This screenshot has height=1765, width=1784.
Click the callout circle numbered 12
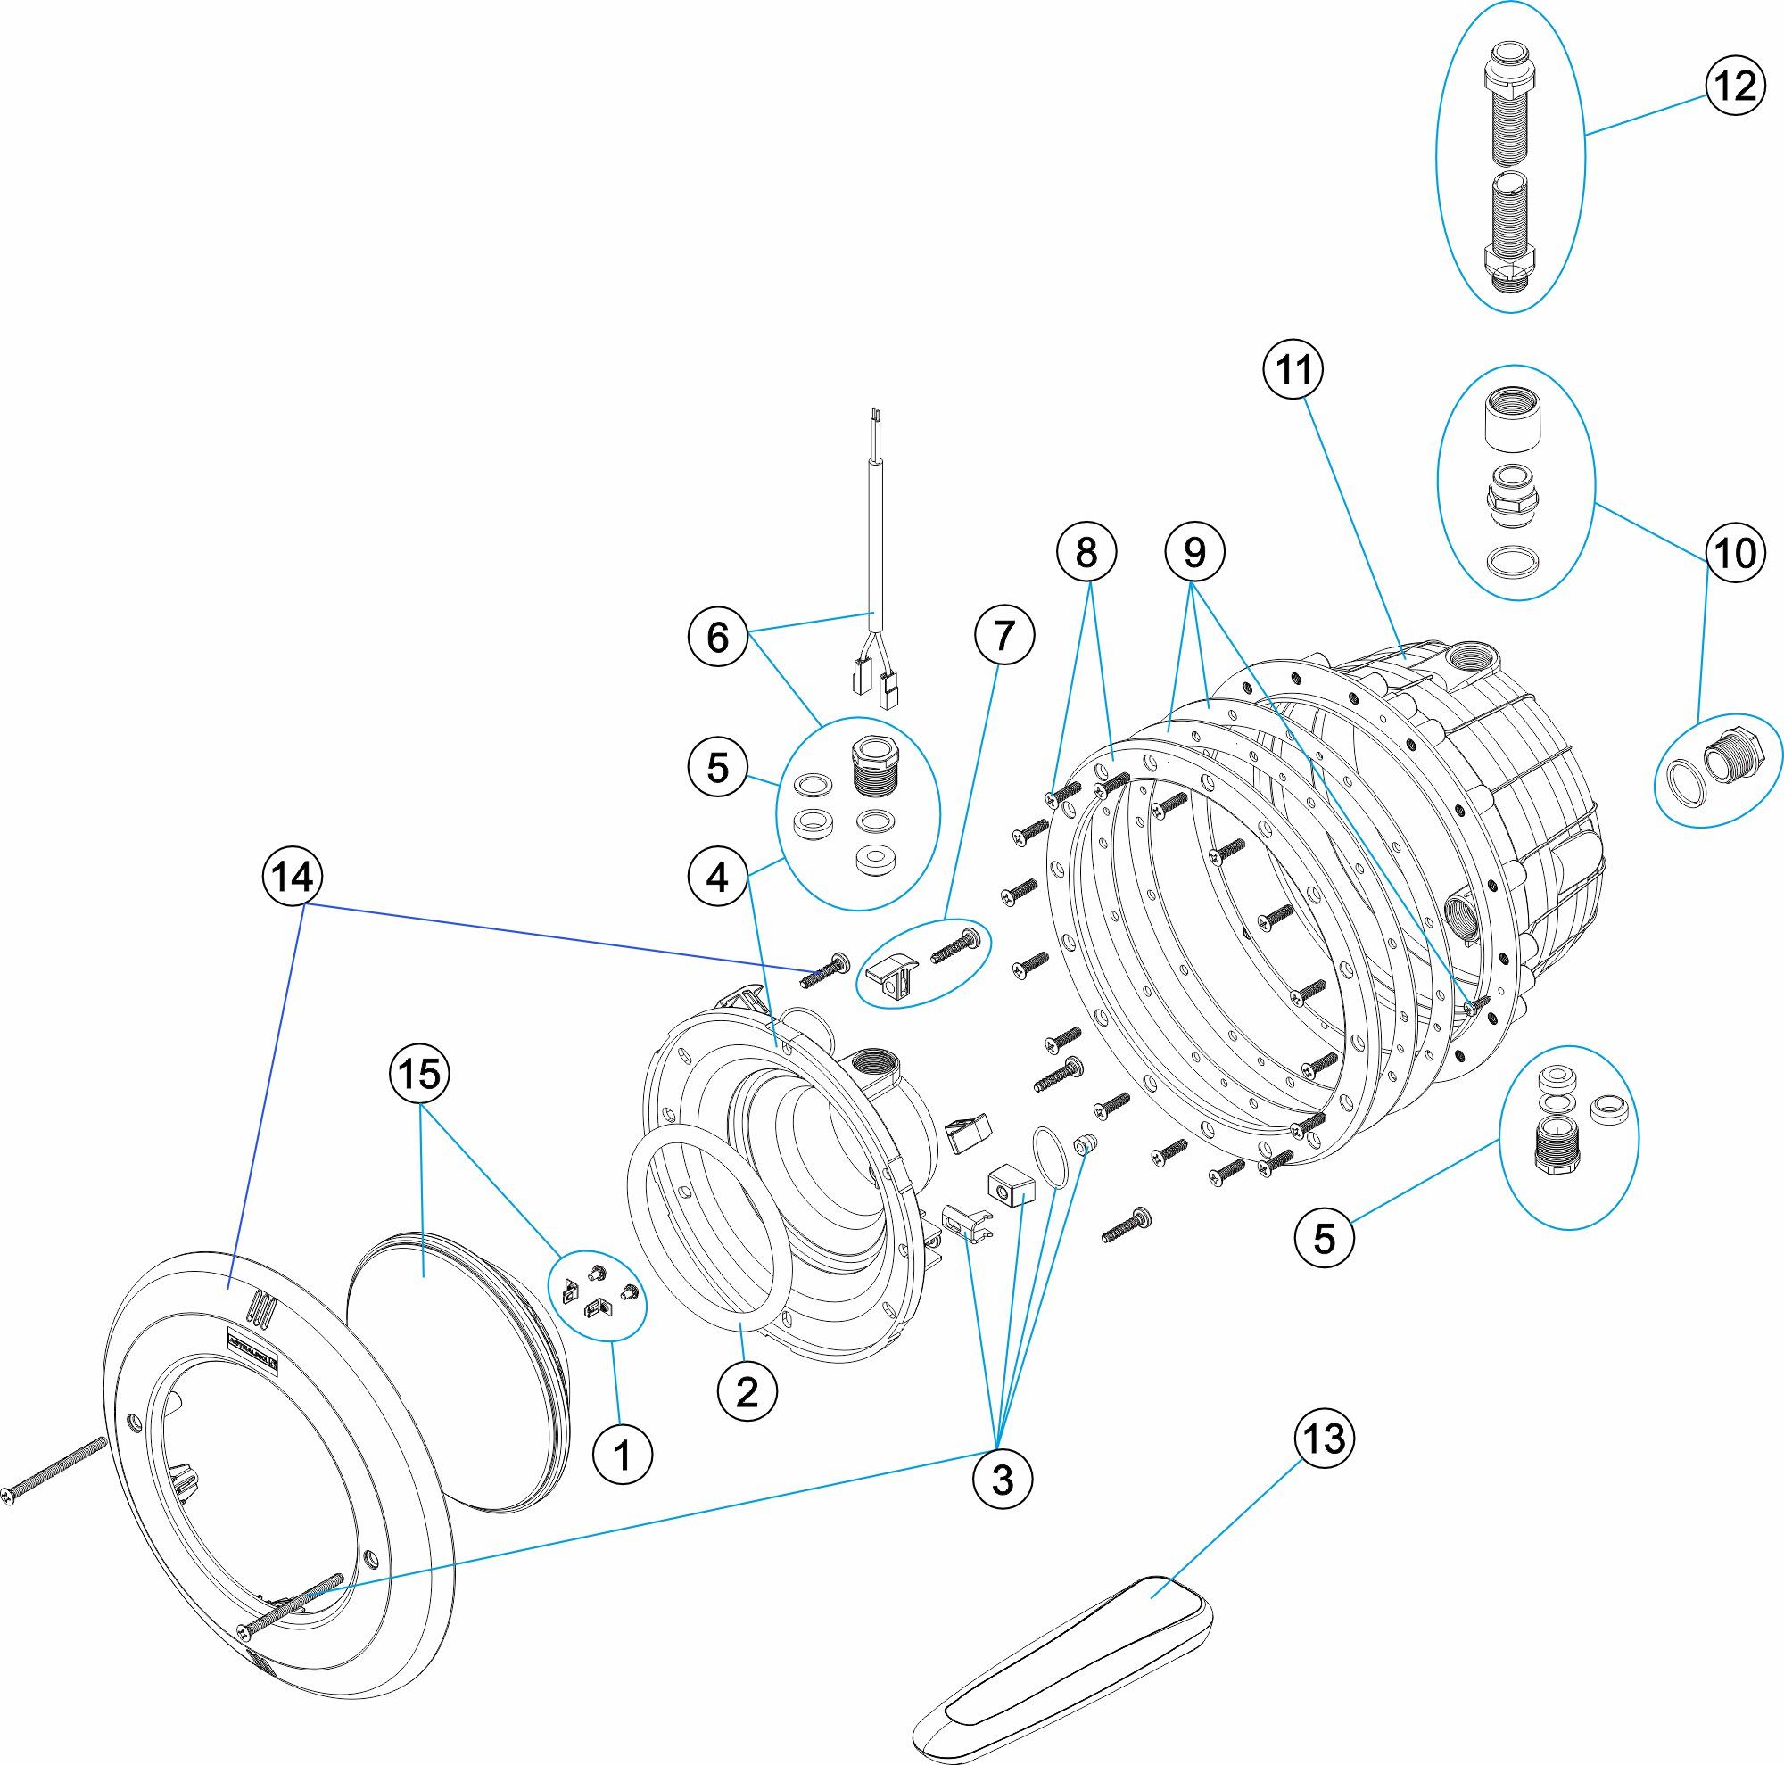pos(1733,86)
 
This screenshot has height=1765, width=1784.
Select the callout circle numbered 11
pos(1293,370)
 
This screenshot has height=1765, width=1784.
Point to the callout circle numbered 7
pos(1004,635)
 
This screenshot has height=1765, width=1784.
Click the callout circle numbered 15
pos(420,1074)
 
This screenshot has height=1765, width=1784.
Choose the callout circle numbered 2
pos(747,1391)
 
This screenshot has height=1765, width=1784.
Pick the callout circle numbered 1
pos(624,1456)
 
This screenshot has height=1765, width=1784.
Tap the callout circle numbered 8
pos(1086,552)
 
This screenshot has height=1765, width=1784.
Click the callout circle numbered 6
pos(717,637)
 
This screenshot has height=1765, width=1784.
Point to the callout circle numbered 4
pos(717,877)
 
